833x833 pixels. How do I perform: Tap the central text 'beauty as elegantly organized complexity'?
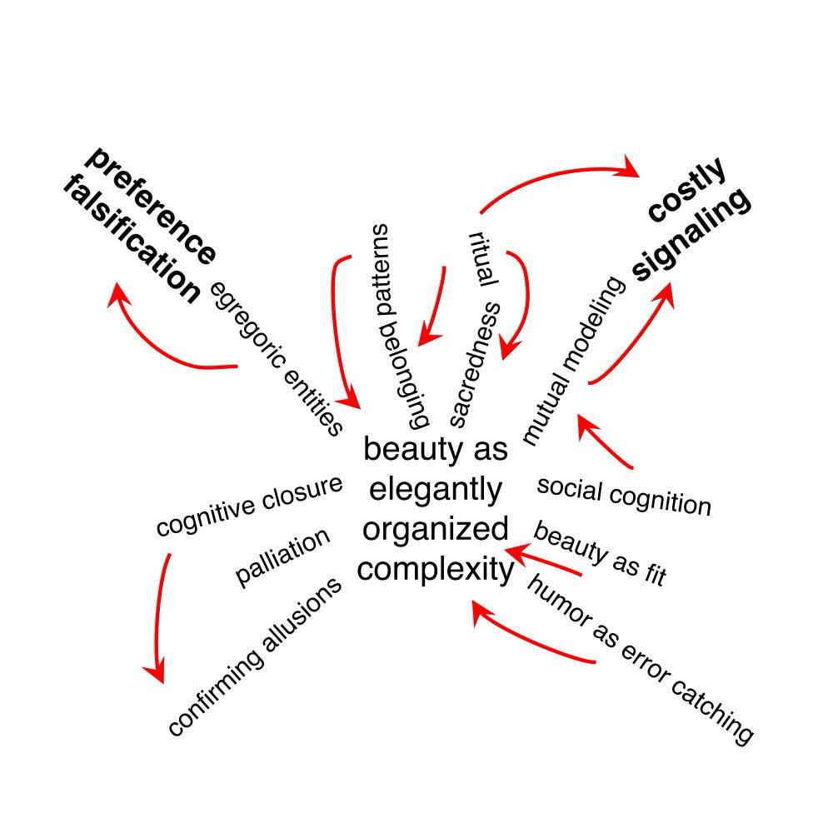[436, 510]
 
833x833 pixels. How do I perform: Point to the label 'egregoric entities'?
[276, 358]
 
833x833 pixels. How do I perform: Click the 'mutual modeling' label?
[572, 360]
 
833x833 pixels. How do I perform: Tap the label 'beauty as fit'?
[600, 554]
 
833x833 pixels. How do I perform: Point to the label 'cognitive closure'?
[249, 506]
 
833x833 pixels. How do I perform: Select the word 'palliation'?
[283, 556]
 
